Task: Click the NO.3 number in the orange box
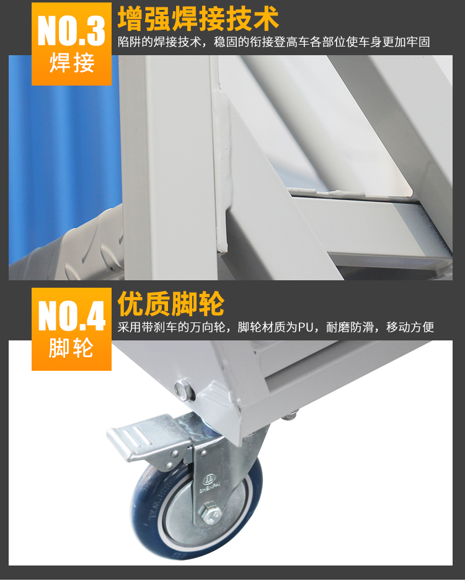(x=71, y=30)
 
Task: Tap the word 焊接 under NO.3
(x=72, y=63)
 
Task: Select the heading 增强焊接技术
(x=198, y=19)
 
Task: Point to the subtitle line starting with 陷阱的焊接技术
(x=274, y=42)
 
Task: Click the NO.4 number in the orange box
(x=72, y=316)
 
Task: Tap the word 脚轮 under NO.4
(x=71, y=348)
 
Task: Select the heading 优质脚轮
(x=171, y=303)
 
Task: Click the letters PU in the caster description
(x=306, y=327)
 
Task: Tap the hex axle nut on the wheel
(x=210, y=513)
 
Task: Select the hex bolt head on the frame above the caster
(x=184, y=391)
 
